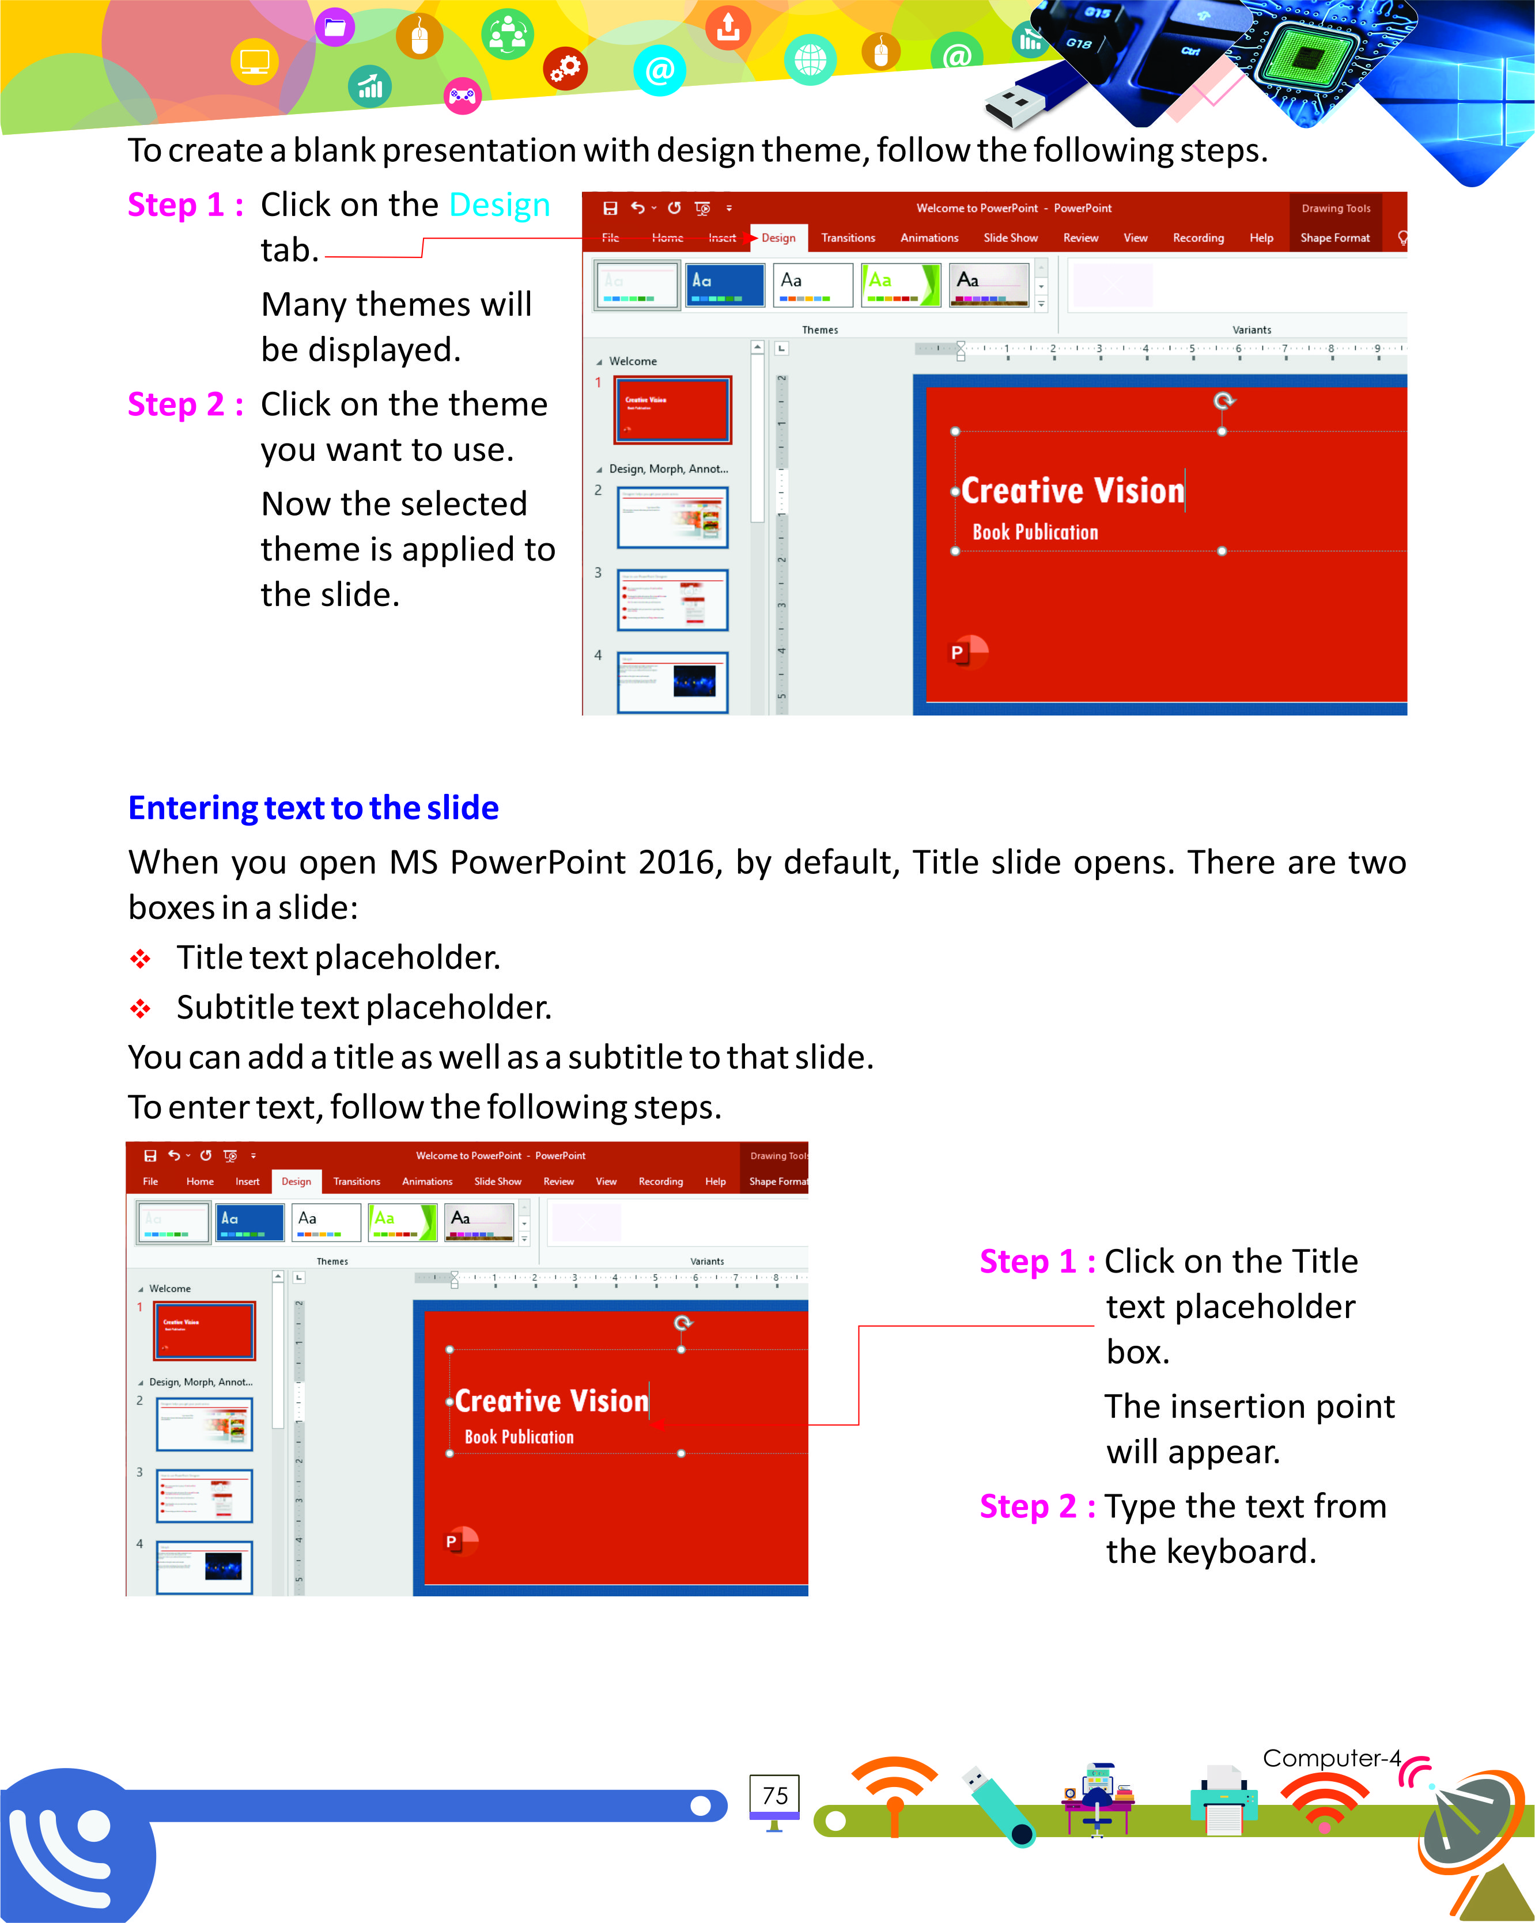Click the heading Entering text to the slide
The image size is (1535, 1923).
313,807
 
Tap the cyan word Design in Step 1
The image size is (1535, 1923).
500,205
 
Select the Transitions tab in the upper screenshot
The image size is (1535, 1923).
848,238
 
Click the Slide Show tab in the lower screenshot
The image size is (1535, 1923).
498,1181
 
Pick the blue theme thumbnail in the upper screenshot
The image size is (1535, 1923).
724,285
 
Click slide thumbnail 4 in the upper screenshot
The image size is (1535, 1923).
672,682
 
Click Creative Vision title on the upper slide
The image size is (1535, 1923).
1072,491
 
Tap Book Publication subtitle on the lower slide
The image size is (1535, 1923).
519,1437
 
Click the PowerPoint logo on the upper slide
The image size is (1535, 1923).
967,652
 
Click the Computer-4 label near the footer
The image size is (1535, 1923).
1331,1758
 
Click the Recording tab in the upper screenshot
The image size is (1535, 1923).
1198,238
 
